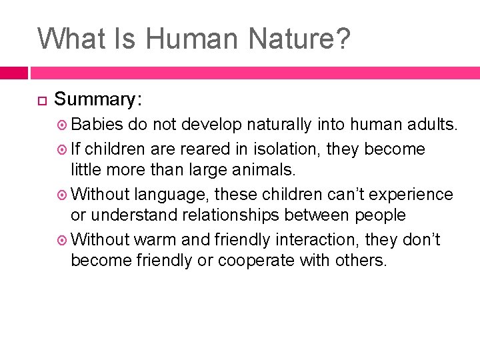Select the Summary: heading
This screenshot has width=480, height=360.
[x=98, y=99]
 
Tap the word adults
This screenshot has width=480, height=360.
[x=433, y=125]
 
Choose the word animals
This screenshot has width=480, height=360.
[x=261, y=170]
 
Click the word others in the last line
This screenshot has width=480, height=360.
[x=362, y=261]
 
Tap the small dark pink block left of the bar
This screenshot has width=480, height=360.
[x=13, y=72]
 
